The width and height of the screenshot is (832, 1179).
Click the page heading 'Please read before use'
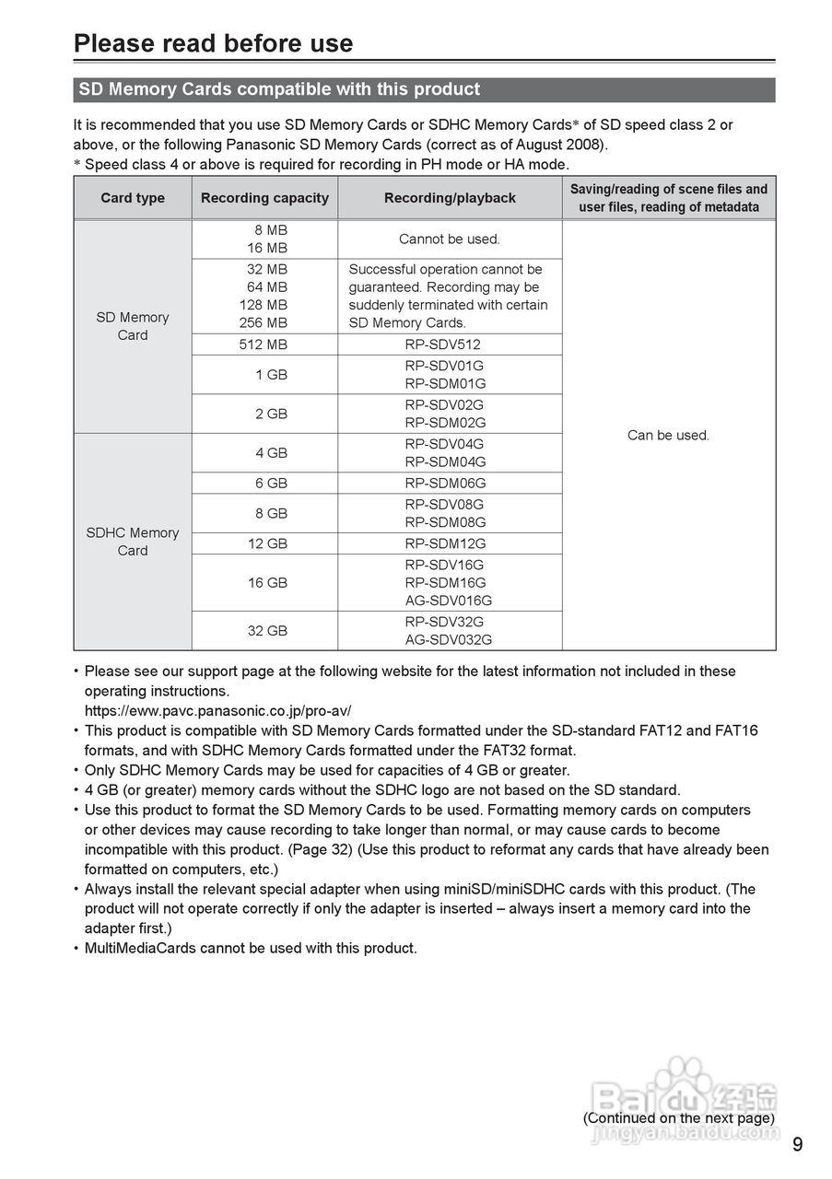pyautogui.click(x=213, y=43)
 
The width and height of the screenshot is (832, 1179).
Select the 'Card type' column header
pyautogui.click(x=133, y=198)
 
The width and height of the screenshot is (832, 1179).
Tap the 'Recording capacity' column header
pyautogui.click(x=264, y=198)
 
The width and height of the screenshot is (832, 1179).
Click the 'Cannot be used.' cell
pyautogui.click(x=450, y=239)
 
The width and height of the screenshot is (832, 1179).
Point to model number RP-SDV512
pyautogui.click(x=443, y=344)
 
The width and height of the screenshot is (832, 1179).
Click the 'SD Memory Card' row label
pyautogui.click(x=133, y=326)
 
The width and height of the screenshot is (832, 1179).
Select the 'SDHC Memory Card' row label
pyautogui.click(x=133, y=542)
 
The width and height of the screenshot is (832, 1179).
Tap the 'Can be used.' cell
pyautogui.click(x=668, y=435)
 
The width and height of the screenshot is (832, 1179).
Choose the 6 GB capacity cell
pyautogui.click(x=271, y=483)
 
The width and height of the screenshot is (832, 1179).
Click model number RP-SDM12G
pyautogui.click(x=445, y=543)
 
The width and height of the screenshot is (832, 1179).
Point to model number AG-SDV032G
pyautogui.click(x=449, y=639)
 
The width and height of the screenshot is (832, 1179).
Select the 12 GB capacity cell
pyautogui.click(x=267, y=543)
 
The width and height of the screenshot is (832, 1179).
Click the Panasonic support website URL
pyautogui.click(x=217, y=711)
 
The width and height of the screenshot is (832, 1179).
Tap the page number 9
pyautogui.click(x=797, y=1145)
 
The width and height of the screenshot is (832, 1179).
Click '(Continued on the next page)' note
pyautogui.click(x=678, y=1118)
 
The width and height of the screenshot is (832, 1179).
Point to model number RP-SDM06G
pyautogui.click(x=445, y=483)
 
